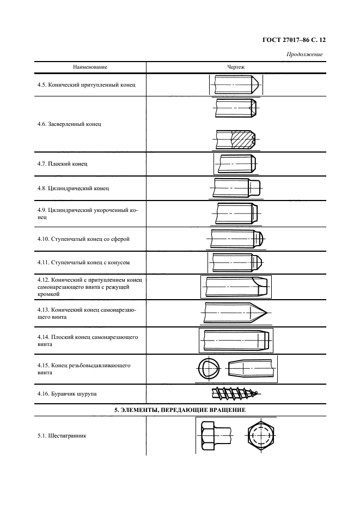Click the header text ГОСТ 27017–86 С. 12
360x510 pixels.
(298, 39)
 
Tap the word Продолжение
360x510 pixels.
(304, 54)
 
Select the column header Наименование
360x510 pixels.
(90, 67)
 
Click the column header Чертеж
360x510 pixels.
(235, 67)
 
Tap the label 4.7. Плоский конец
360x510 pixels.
(62, 163)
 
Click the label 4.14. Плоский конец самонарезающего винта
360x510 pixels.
(87, 341)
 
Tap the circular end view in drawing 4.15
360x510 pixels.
(208, 369)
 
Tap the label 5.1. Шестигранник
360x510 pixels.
(60, 436)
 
